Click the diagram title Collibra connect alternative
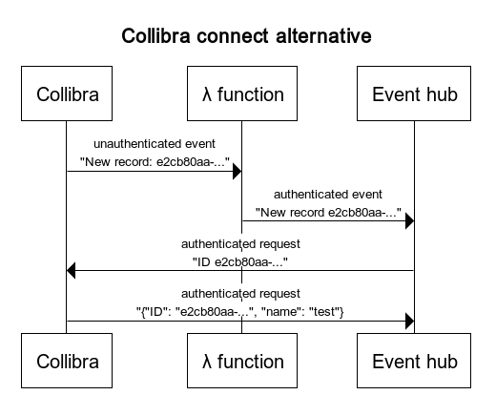[246, 35]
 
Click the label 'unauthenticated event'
[155, 144]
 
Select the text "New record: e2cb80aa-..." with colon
[155, 161]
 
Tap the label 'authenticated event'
[328, 194]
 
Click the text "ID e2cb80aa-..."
[240, 262]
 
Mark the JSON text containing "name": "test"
[240, 312]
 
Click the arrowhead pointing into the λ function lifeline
[238, 172]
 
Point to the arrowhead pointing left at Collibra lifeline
[72, 271]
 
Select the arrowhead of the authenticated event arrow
[410, 221]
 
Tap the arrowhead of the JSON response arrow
[410, 321]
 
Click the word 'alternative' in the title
[323, 35]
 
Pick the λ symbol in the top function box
[207, 94]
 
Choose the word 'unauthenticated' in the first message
[135, 144]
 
